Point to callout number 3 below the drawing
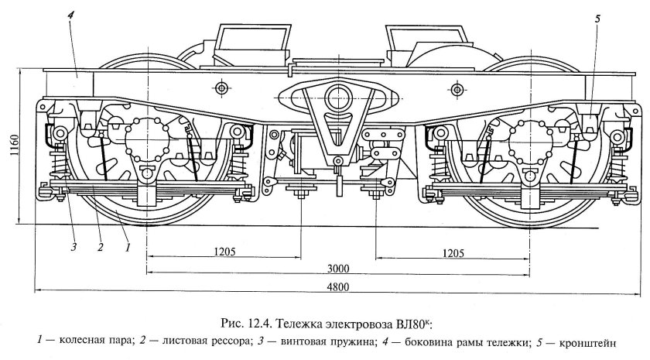(x=74, y=248)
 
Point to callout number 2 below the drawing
(x=100, y=248)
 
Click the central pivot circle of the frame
(x=337, y=97)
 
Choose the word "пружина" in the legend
(x=334, y=340)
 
